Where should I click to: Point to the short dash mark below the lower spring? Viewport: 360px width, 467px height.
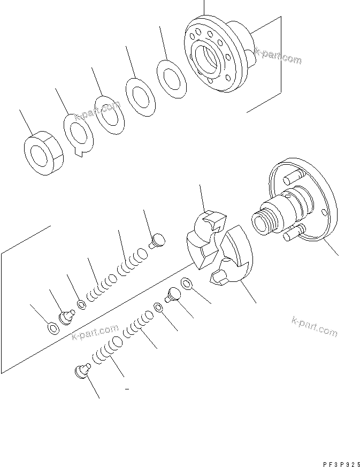click(127, 390)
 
